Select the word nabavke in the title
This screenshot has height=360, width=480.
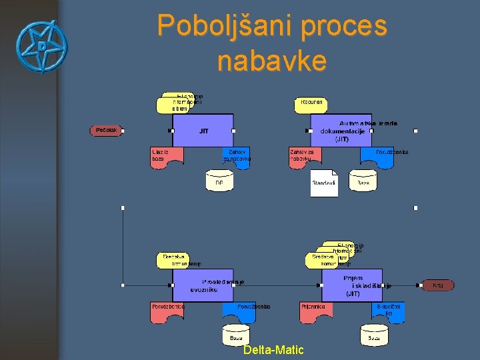272,61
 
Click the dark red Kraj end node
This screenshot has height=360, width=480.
438,285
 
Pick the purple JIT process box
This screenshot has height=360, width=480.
203,131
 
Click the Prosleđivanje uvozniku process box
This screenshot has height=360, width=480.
203,285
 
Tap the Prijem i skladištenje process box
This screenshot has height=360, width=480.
352,285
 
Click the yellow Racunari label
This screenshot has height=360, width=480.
311,104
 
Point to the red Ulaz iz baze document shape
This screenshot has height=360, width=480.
167,156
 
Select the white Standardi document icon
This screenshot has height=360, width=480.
324,183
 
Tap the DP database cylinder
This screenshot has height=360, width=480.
219,180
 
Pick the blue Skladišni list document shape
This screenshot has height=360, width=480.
387,311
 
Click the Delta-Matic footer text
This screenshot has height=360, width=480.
273,350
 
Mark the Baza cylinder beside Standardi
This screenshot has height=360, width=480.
363,180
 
